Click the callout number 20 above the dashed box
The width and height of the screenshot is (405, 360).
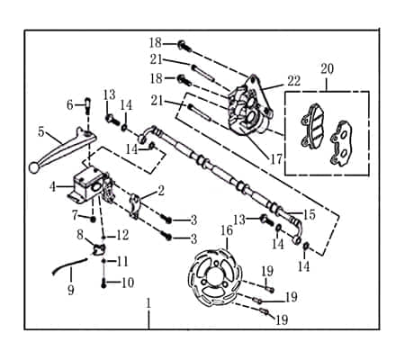[x=327, y=68]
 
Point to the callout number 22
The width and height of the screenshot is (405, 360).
[x=293, y=80]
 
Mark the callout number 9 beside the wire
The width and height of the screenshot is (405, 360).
[x=70, y=290]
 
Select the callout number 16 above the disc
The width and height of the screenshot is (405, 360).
[x=227, y=231]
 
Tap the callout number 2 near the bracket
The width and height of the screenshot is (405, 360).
[x=160, y=190]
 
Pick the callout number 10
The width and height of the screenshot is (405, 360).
[x=128, y=283]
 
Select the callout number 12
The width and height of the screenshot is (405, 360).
[x=123, y=235]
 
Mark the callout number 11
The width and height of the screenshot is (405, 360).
[x=123, y=260]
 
